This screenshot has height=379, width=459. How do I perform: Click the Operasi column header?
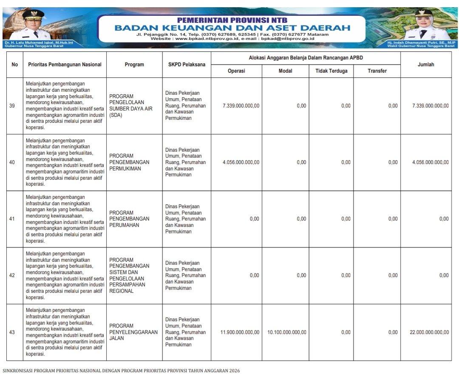pyautogui.click(x=236, y=71)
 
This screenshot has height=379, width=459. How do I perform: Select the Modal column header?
pyautogui.click(x=285, y=71)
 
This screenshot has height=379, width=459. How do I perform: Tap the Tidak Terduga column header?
pyautogui.click(x=331, y=71)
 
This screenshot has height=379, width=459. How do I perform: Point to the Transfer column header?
pyautogui.click(x=377, y=71)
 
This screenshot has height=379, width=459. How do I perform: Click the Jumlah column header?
pyautogui.click(x=425, y=65)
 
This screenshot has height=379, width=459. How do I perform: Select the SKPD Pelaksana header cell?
pyautogui.click(x=187, y=65)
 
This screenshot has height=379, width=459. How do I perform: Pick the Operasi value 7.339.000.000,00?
pyautogui.click(x=241, y=106)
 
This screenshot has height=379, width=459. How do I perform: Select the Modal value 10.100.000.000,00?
pyautogui.click(x=287, y=332)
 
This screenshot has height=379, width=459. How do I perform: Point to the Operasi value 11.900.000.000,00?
pyautogui.click(x=240, y=332)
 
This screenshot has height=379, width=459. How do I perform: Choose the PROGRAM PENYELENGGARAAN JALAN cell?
pyautogui.click(x=133, y=332)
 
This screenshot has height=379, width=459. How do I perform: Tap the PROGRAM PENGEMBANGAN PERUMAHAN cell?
pyautogui.click(x=129, y=219)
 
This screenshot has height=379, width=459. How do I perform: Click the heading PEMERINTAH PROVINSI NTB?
pyautogui.click(x=232, y=20)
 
